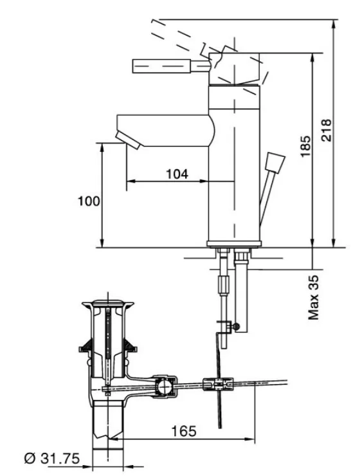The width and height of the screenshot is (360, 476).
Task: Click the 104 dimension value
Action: click(x=177, y=174)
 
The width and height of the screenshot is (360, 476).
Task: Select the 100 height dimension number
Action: click(x=89, y=201)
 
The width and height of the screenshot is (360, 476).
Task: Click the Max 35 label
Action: click(x=314, y=297)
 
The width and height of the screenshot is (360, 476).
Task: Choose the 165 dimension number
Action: click(x=184, y=430)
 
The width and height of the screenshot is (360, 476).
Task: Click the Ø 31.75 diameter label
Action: click(x=51, y=458)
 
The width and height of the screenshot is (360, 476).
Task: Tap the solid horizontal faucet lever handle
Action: click(x=163, y=66)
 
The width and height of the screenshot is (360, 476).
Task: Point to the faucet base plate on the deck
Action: click(x=233, y=243)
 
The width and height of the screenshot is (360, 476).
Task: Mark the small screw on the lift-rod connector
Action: click(x=237, y=328)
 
